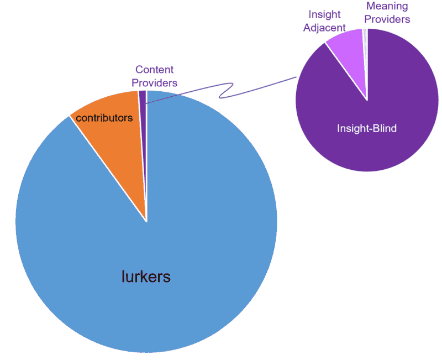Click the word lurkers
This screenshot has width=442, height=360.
[x=146, y=276]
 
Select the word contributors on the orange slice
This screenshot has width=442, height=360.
[x=104, y=118]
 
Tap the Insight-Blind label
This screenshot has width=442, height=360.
[x=367, y=128]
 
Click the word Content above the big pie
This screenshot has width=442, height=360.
[x=155, y=70]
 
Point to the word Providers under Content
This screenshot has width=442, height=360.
[x=155, y=83]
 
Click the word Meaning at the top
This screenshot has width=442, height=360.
[x=387, y=6]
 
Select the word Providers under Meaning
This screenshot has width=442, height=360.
[x=387, y=19]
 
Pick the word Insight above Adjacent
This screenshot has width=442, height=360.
[x=324, y=15]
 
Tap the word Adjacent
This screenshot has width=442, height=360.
[x=324, y=28]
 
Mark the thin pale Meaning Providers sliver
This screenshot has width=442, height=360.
[x=365, y=51]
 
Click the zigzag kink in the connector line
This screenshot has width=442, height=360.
[x=225, y=91]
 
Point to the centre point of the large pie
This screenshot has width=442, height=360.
[x=146, y=221]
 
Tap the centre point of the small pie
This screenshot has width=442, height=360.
[x=367, y=100]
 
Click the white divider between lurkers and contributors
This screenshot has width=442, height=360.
[x=108, y=169]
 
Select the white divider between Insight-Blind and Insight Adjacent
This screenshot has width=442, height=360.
[x=346, y=71]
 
